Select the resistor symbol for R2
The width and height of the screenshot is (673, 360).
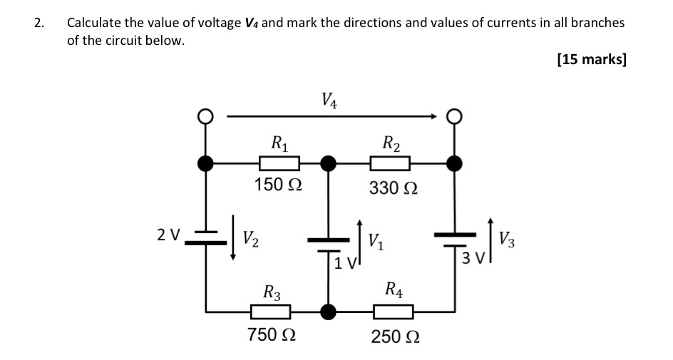390,164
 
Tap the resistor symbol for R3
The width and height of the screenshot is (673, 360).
270,312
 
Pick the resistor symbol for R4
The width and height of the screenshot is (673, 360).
394,312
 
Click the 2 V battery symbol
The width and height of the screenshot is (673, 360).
206,237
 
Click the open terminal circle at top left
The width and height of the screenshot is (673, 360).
206,115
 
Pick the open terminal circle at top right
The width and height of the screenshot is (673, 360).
454,115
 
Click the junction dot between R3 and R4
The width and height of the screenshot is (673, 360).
328,312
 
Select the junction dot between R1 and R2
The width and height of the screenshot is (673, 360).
328,164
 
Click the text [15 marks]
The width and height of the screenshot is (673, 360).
591,59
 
